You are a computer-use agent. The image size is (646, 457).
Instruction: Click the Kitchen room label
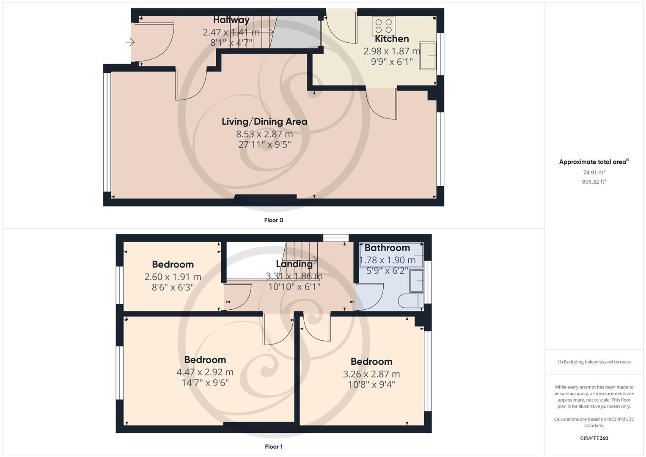(392, 39)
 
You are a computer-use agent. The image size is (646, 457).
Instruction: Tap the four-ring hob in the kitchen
(383, 26)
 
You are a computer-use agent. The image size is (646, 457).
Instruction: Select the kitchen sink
(428, 55)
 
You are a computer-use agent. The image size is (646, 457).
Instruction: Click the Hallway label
(231, 20)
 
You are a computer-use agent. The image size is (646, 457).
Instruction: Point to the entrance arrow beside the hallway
(130, 42)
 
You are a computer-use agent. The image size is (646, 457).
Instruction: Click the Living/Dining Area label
(264, 122)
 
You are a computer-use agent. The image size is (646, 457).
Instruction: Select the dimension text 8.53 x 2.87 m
(264, 134)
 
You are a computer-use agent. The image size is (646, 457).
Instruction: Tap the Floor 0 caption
(273, 220)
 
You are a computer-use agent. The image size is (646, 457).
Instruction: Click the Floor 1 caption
(273, 446)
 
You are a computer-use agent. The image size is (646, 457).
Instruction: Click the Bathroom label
(387, 248)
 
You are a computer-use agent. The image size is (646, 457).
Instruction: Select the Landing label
(294, 264)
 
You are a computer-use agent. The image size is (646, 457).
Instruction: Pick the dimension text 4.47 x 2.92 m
(205, 372)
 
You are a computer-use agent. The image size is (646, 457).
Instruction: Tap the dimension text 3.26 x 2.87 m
(371, 374)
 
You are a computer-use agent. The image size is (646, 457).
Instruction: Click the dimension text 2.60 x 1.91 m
(173, 277)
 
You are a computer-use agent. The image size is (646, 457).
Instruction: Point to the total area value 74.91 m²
(594, 172)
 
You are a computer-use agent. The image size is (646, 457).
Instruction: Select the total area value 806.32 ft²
(594, 182)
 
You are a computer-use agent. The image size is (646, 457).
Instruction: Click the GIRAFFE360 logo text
(594, 438)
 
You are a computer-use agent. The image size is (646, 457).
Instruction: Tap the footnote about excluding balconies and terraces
(594, 362)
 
